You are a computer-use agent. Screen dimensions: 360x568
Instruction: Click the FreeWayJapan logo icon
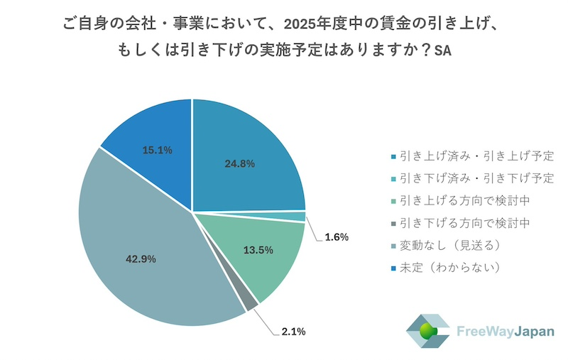point(427,331)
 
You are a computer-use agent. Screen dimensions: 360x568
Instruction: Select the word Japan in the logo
point(524,332)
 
